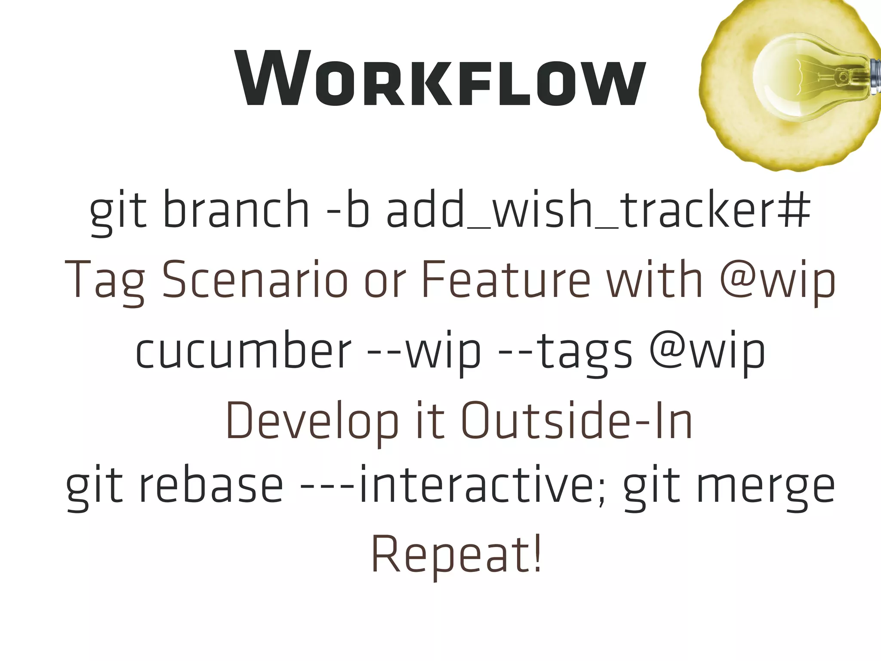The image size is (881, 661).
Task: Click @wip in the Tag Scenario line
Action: pos(777,280)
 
